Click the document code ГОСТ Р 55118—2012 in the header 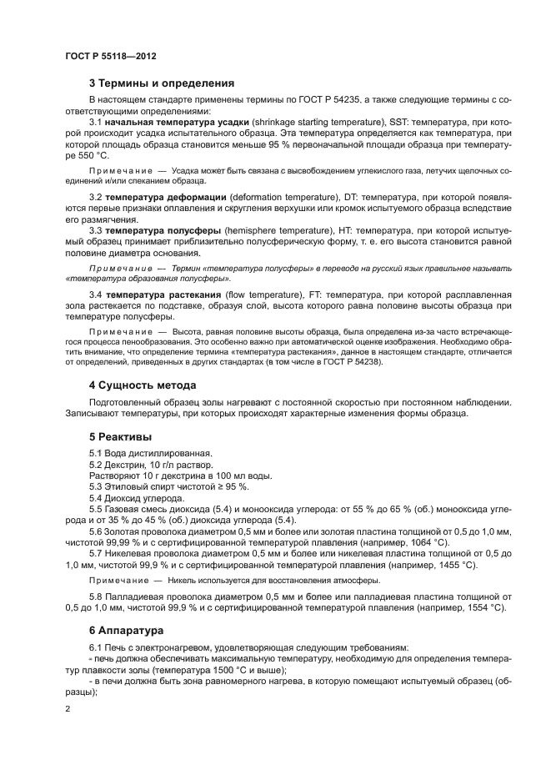[110, 56]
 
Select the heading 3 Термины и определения [162, 83]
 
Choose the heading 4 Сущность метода [143, 385]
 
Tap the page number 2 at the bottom [67, 708]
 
